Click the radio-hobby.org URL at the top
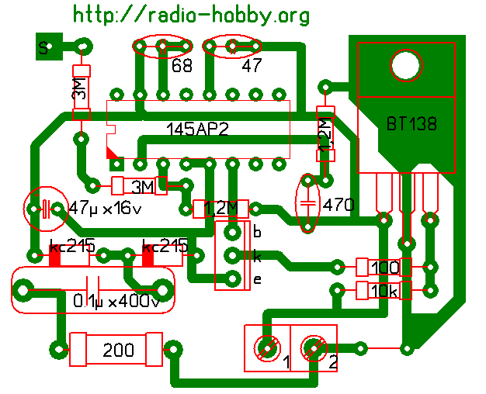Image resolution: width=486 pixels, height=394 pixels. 192,15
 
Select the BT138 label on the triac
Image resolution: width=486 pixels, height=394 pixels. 411,123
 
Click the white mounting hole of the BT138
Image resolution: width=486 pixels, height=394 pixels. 404,65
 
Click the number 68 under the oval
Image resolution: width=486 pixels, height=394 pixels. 182,67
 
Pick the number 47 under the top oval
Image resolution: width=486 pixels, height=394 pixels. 252,67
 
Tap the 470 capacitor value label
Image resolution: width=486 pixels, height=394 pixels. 339,206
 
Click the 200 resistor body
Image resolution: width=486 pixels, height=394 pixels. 116,350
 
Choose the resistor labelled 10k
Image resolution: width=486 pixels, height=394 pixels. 384,291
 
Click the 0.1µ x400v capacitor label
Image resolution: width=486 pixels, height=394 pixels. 116,301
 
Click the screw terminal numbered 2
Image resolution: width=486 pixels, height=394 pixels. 314,348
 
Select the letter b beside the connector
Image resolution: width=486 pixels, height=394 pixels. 257,231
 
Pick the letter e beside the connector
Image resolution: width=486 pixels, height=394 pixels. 257,279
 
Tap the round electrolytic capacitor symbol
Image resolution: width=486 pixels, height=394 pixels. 43,209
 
